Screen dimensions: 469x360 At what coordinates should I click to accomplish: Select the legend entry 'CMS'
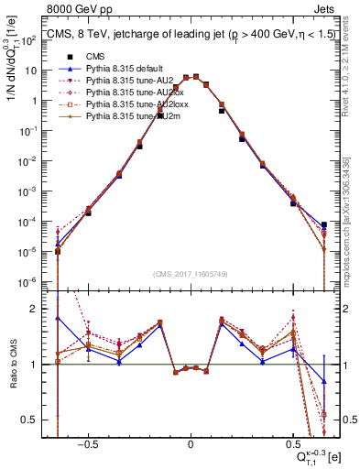click(x=95, y=56)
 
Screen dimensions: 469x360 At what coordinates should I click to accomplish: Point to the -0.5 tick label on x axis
click(x=87, y=442)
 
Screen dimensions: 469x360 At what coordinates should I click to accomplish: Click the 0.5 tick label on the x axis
click(x=292, y=442)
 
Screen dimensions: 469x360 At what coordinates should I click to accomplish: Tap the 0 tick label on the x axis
click(x=190, y=442)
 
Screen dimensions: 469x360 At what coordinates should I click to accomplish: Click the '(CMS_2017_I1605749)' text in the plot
click(x=191, y=274)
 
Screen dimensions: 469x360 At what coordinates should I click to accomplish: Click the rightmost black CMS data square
click(x=324, y=225)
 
